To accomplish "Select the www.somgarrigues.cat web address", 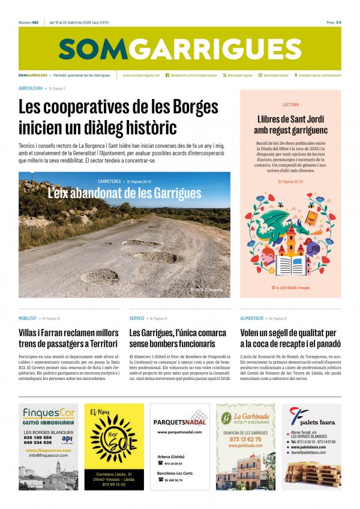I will tap(141, 76).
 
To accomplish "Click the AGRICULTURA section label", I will tap(31, 88).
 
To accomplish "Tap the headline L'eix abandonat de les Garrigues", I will tap(125, 193).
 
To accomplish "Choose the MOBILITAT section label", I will tap(28, 318).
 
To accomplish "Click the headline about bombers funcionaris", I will tap(172, 338).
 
